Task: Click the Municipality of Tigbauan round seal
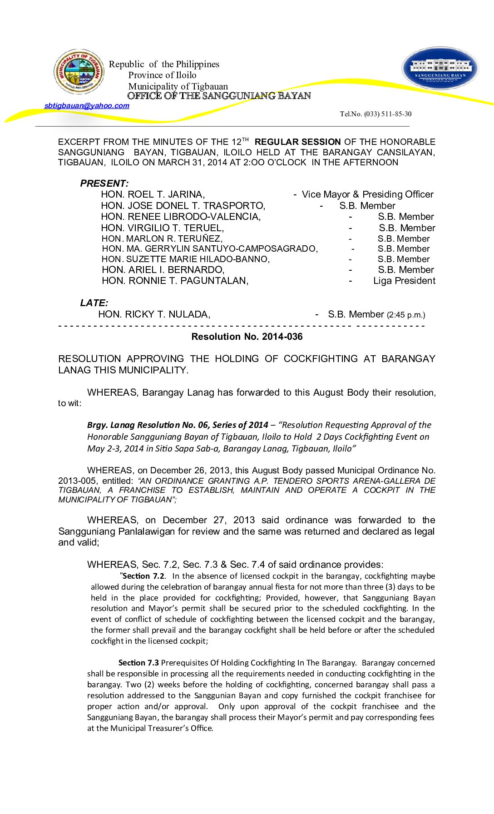point(79,72)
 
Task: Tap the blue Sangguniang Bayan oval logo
point(440,69)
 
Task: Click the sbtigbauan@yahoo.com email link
point(87,106)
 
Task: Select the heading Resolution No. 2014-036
point(247,337)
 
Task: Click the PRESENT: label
point(104,184)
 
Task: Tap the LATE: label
point(94,303)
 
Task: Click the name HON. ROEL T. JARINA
point(153,194)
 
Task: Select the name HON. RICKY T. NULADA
point(154,314)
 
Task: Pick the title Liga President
point(404,281)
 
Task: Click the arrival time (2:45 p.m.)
point(406,315)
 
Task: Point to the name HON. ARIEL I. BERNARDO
point(163,270)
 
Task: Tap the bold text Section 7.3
point(138,663)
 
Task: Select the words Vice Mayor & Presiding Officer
point(367,194)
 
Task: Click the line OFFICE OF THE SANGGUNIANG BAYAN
point(219,96)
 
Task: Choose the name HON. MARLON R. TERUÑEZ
point(162,239)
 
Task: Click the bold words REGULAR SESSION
point(297,142)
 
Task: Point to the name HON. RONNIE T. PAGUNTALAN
point(175,281)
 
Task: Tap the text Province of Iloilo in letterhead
point(162,75)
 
